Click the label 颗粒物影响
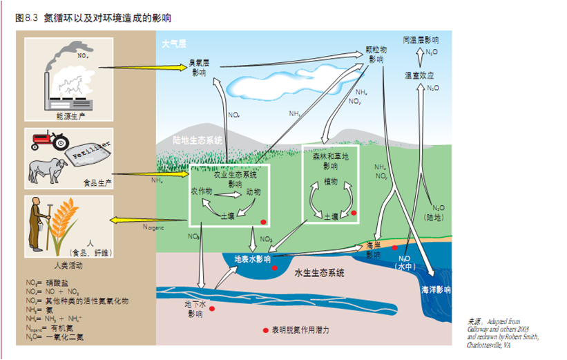376,55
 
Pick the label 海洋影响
436,290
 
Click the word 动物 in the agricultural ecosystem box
253,191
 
